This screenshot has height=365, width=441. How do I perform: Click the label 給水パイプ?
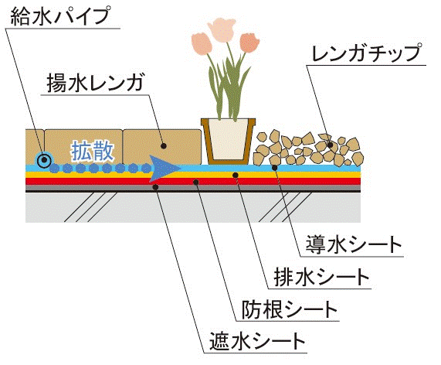(x=59, y=16)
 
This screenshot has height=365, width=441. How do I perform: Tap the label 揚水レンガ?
(x=95, y=83)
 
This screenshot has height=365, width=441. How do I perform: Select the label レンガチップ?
(x=367, y=53)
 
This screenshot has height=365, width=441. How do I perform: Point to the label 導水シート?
(x=353, y=244)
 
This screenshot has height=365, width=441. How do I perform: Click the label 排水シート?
(x=321, y=277)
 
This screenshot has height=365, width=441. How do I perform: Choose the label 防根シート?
(x=290, y=309)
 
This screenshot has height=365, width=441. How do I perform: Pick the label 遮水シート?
(x=257, y=341)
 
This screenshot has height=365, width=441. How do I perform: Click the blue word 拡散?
(x=92, y=152)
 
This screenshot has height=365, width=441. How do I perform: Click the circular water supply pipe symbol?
(x=44, y=160)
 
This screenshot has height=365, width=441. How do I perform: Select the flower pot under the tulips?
(x=228, y=141)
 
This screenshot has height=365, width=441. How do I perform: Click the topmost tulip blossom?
(x=222, y=29)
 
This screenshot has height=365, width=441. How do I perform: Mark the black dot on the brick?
(x=164, y=146)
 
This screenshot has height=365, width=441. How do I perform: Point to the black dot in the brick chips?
(x=331, y=145)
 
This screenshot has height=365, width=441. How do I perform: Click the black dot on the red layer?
(x=196, y=182)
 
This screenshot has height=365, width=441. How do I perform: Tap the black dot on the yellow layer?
(x=236, y=176)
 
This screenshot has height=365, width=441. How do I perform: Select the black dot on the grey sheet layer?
(x=155, y=186)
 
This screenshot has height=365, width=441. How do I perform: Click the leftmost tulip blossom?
(x=201, y=43)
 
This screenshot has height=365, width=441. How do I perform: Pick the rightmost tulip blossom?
(x=249, y=43)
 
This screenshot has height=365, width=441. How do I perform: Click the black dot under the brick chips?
(x=275, y=168)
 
